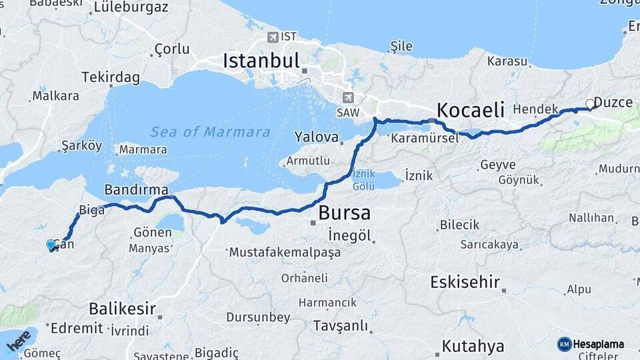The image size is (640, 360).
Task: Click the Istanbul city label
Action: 261,61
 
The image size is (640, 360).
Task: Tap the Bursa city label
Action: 344,213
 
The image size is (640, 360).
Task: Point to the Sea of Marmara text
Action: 210,132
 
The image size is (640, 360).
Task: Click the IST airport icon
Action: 273,36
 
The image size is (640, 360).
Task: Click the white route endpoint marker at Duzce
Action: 589,104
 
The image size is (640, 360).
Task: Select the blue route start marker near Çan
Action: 51,245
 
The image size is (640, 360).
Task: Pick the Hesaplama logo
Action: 591,344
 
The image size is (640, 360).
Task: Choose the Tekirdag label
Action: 111,78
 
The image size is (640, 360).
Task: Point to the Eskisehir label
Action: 465,282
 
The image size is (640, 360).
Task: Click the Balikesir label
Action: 122,309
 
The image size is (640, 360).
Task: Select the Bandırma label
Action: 131,190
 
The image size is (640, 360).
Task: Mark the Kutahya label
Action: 473,347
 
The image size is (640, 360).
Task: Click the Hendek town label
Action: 536,109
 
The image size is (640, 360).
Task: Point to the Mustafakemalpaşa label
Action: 285,253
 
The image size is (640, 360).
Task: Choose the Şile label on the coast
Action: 401,47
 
